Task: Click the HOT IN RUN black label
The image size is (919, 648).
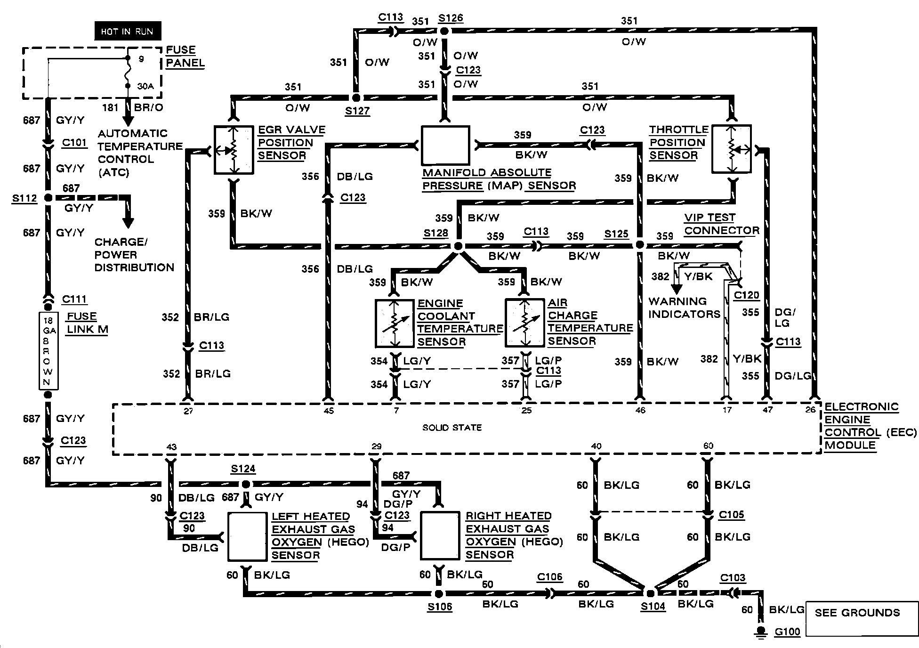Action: (127, 32)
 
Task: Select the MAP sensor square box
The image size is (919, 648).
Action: (445, 145)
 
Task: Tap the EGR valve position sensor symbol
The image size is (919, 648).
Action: (234, 150)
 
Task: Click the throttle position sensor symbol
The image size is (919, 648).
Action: (731, 149)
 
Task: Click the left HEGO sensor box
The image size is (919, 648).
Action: (247, 536)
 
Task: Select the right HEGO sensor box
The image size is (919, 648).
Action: (439, 535)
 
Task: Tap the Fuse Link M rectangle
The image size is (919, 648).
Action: (48, 351)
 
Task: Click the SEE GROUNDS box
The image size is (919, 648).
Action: (857, 613)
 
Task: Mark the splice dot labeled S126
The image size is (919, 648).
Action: (444, 31)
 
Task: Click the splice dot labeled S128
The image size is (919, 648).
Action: (458, 246)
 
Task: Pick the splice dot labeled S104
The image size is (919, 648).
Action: (650, 593)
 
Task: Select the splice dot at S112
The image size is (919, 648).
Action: (48, 198)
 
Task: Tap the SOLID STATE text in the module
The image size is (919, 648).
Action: (452, 428)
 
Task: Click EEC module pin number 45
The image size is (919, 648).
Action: (329, 411)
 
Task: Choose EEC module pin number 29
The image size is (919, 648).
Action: (376, 446)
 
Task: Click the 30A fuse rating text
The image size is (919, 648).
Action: (145, 87)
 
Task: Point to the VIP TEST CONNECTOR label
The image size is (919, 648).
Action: (721, 224)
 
